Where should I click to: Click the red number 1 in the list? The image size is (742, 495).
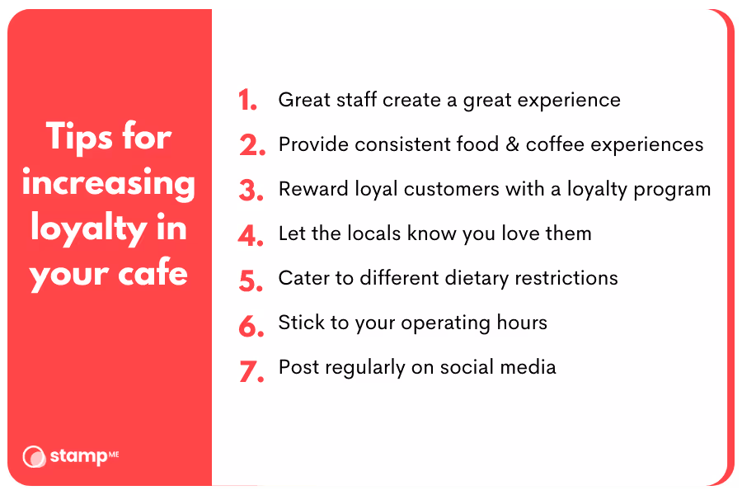pos(247,101)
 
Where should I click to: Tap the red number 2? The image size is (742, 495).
pos(251,146)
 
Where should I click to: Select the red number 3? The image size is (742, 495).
pos(251,191)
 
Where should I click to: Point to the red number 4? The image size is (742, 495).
pos(251,235)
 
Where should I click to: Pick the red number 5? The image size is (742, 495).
pos(251,280)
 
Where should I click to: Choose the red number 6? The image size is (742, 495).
pos(251,324)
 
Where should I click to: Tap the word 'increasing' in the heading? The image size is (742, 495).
pos(109,183)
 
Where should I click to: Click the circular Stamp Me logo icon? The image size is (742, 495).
pos(34,456)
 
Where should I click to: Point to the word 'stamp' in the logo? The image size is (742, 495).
pos(77,456)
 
